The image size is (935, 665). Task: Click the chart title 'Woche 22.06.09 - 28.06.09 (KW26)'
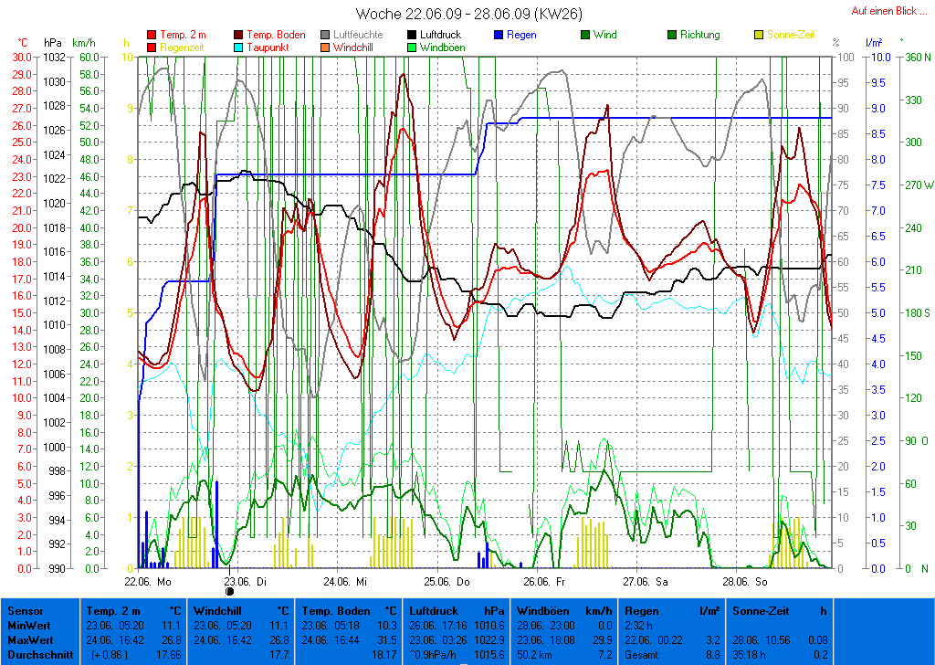[468, 14]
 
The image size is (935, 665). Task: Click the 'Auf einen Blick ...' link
[884, 11]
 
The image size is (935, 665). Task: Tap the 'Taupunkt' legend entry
[268, 47]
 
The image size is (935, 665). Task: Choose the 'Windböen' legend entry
[442, 47]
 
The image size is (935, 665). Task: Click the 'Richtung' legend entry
[699, 35]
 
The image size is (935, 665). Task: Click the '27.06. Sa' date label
[645, 581]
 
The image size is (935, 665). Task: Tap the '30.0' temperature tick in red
[21, 57]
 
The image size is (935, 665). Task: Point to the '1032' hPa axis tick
[54, 57]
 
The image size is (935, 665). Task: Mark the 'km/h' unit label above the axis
[83, 43]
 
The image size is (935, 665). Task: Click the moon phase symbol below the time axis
[229, 591]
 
